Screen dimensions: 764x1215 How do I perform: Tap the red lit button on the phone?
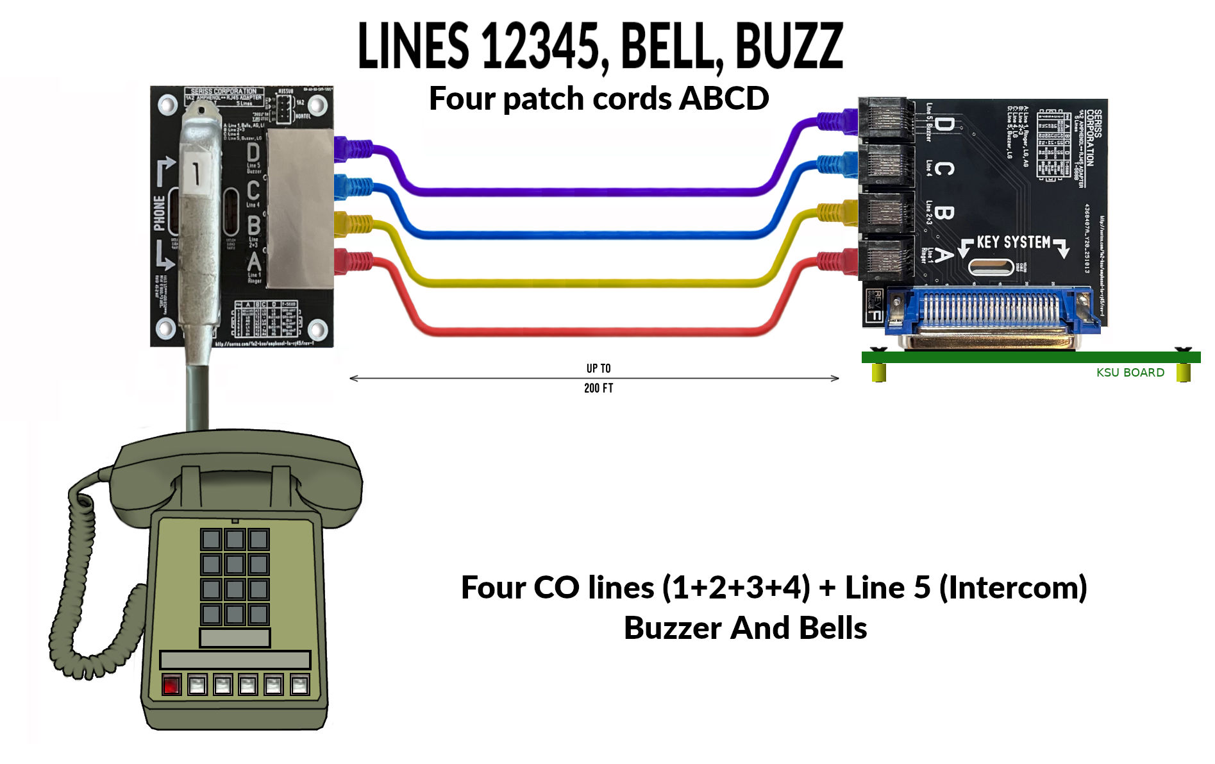[171, 685]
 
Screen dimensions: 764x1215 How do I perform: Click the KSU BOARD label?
[1130, 373]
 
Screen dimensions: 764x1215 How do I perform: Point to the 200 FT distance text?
[598, 388]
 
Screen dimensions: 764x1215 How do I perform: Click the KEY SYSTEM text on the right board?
[1013, 242]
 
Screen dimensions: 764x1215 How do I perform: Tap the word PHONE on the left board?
[159, 212]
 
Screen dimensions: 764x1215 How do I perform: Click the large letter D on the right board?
[943, 124]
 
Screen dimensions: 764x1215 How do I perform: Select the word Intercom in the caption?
[1013, 588]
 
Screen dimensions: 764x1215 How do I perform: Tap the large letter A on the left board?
[254, 262]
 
